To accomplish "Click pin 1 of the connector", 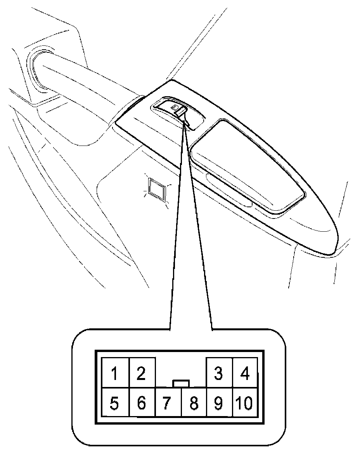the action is click(x=114, y=373).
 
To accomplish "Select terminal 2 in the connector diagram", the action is click(x=142, y=373).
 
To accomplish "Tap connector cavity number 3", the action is click(x=219, y=373).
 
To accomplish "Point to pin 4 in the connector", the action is click(x=245, y=373).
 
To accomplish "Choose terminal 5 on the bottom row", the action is click(x=114, y=404).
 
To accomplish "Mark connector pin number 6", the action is click(x=142, y=404).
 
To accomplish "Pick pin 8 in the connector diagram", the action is click(x=194, y=404).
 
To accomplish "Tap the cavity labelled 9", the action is click(x=219, y=404).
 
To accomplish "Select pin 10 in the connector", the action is click(x=245, y=404).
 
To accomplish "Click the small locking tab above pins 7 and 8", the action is click(x=181, y=384).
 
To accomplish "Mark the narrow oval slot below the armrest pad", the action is click(x=229, y=192).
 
